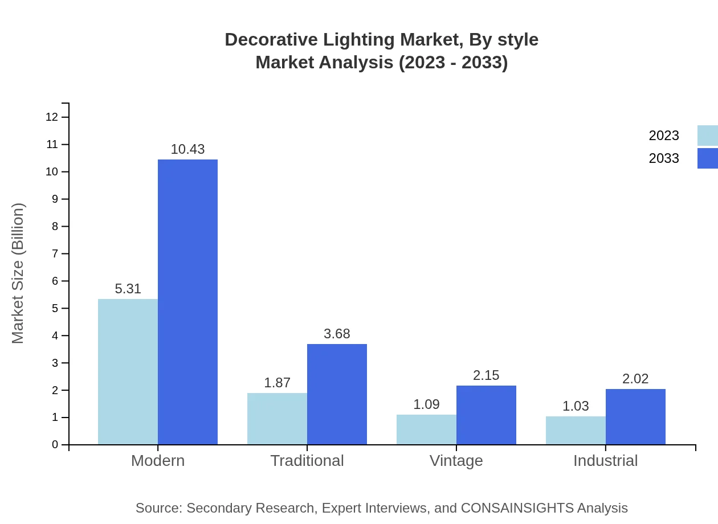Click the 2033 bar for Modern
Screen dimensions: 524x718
pyautogui.click(x=187, y=302)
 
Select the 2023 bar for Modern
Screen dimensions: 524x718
pyautogui.click(x=128, y=371)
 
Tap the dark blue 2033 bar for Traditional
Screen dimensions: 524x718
pyautogui.click(x=337, y=394)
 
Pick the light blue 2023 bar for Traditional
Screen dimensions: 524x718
pyautogui.click(x=277, y=419)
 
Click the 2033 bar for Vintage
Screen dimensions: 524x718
pyautogui.click(x=486, y=415)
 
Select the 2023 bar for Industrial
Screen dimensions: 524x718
pyautogui.click(x=576, y=430)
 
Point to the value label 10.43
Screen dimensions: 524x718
pyautogui.click(x=187, y=149)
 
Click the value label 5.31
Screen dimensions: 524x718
pyautogui.click(x=128, y=289)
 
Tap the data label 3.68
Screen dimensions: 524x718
pyautogui.click(x=337, y=334)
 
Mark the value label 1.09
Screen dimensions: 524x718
pyautogui.click(x=426, y=404)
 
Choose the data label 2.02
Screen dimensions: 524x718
pyautogui.click(x=635, y=379)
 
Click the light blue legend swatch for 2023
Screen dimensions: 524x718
pyautogui.click(x=707, y=136)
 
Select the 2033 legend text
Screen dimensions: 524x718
pyautogui.click(x=664, y=158)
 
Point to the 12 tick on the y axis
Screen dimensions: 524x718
pyautogui.click(x=52, y=117)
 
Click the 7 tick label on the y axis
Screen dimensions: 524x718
pyautogui.click(x=55, y=253)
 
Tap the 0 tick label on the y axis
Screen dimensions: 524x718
pyautogui.click(x=55, y=445)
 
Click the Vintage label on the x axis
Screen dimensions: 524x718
pyautogui.click(x=456, y=461)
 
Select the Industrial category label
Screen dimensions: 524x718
pyautogui.click(x=605, y=461)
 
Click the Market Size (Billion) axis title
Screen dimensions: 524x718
pyautogui.click(x=18, y=273)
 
